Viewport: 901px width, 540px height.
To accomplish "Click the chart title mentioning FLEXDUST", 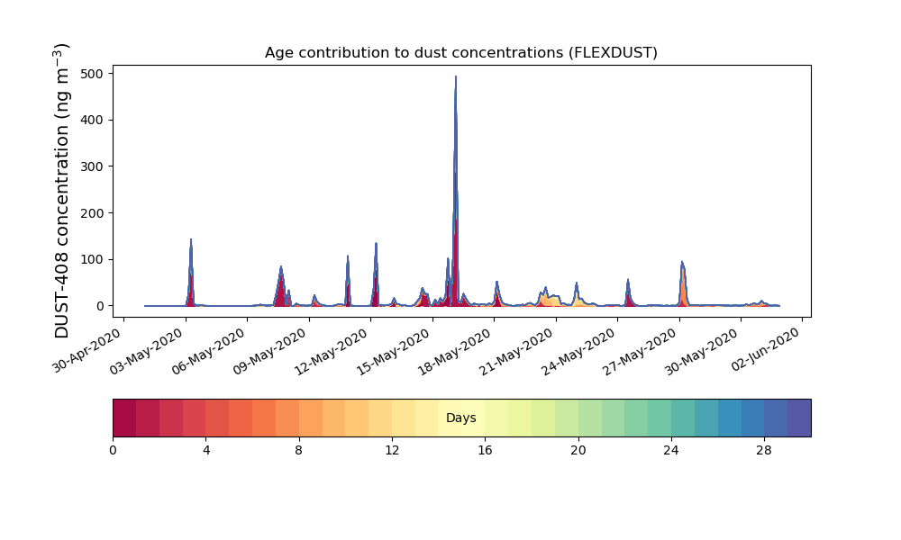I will (460, 53).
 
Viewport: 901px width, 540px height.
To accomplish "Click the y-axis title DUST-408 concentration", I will (62, 191).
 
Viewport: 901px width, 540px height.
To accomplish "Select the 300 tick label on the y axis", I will (96, 166).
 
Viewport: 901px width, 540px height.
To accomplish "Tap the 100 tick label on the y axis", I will (96, 259).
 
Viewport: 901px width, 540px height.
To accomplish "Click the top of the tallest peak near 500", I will (456, 77).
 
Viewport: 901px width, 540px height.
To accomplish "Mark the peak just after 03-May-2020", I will (191, 240).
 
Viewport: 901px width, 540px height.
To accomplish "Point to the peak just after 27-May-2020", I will (681, 263).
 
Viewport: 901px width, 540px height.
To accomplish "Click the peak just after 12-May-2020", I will (376, 243).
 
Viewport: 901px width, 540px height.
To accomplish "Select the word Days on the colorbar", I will (460, 418).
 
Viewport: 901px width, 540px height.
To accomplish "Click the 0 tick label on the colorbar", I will (113, 449).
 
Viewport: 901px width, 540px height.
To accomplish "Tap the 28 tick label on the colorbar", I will (764, 449).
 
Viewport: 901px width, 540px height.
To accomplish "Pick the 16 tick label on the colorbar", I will (485, 449).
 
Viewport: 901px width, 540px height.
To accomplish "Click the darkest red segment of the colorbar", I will (124, 418).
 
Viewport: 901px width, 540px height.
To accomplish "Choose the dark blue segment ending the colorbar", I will (799, 418).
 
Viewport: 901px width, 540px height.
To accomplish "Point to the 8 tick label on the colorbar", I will (298, 449).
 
